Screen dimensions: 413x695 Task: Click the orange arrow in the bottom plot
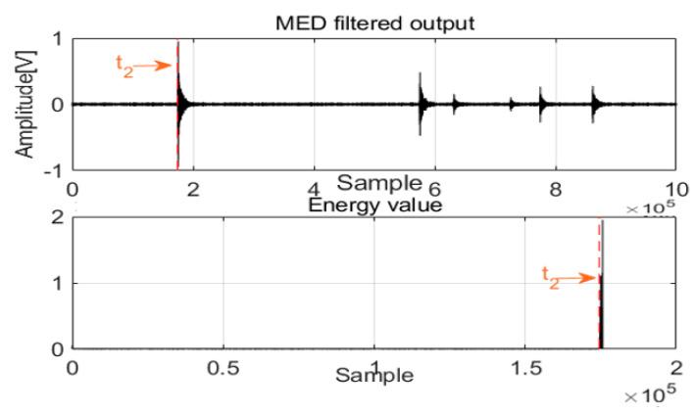pyautogui.click(x=578, y=277)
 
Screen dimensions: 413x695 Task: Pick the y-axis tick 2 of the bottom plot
pyautogui.click(x=59, y=218)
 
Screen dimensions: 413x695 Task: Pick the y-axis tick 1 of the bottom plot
pyautogui.click(x=59, y=284)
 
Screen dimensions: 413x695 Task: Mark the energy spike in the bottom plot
pyautogui.click(x=602, y=294)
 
